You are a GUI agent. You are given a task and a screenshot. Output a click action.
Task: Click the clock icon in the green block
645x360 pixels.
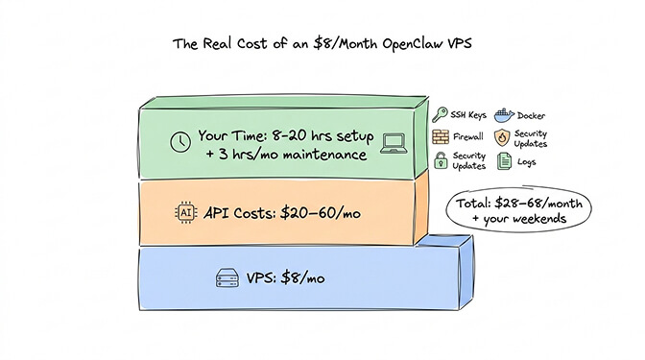pos(179,141)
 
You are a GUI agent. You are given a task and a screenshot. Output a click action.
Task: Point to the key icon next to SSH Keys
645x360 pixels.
pos(440,114)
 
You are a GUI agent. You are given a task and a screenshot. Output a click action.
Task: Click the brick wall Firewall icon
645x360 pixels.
pos(441,138)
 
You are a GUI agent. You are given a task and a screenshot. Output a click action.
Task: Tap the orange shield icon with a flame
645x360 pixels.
pos(501,138)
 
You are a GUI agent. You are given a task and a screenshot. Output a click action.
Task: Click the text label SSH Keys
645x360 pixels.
pos(471,114)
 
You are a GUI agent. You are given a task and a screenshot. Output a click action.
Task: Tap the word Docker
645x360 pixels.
pos(534,114)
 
